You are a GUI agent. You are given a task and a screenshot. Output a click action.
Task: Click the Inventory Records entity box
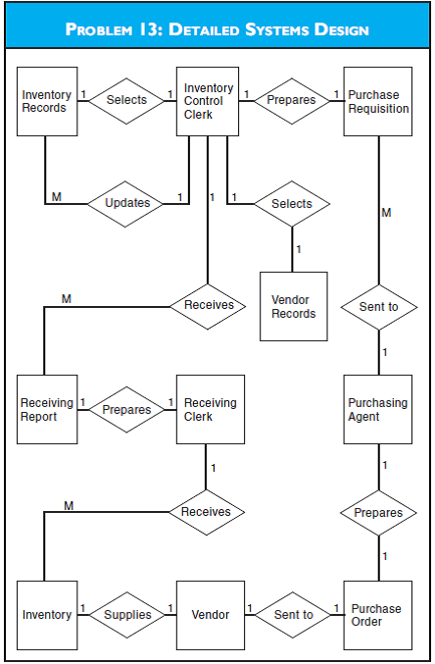[47, 101]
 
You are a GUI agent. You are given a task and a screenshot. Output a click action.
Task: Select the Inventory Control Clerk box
[209, 101]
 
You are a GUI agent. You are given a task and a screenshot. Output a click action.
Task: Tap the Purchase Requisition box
[378, 101]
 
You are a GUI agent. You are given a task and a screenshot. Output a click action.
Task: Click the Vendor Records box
[294, 306]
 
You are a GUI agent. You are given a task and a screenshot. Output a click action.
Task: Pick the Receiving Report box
[47, 409]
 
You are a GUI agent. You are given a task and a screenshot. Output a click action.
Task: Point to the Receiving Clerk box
[209, 409]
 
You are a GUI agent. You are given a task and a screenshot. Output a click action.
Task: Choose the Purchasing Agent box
[378, 409]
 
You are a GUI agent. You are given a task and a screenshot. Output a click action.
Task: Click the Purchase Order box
[378, 614]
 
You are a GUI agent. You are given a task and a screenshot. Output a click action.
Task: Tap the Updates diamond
[126, 204]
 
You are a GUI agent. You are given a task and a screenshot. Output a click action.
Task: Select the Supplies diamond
[127, 615]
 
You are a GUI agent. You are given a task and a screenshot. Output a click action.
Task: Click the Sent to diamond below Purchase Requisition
[378, 307]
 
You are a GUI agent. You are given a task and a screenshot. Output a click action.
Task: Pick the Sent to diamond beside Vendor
[294, 615]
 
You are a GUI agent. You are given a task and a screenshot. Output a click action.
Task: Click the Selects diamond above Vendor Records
[292, 204]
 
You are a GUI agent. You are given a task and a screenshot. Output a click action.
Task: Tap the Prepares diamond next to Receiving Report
[127, 410]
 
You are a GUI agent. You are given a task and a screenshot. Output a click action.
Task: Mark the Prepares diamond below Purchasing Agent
[378, 512]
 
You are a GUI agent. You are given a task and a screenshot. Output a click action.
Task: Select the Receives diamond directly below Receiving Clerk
[206, 511]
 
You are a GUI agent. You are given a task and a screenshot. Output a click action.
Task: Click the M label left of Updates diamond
[56, 197]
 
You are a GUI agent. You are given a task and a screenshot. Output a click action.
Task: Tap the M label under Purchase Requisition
[386, 212]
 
